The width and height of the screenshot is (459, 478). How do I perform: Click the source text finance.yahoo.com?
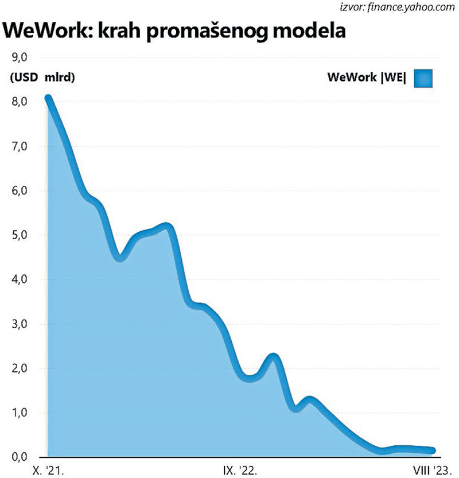(x=413, y=7)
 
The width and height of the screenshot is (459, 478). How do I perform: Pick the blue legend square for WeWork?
(x=422, y=78)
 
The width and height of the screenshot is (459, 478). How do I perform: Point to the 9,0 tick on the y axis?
(x=20, y=57)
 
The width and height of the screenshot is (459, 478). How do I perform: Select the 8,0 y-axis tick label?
(x=20, y=102)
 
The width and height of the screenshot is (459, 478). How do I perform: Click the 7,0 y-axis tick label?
(x=20, y=146)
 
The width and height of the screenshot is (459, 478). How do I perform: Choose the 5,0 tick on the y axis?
(x=20, y=235)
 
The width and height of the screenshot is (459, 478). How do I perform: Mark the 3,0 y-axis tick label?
(x=20, y=324)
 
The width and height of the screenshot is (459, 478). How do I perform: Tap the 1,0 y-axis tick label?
(x=20, y=413)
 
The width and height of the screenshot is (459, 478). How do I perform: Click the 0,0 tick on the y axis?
(x=20, y=457)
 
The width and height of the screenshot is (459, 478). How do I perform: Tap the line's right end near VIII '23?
(x=432, y=451)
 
